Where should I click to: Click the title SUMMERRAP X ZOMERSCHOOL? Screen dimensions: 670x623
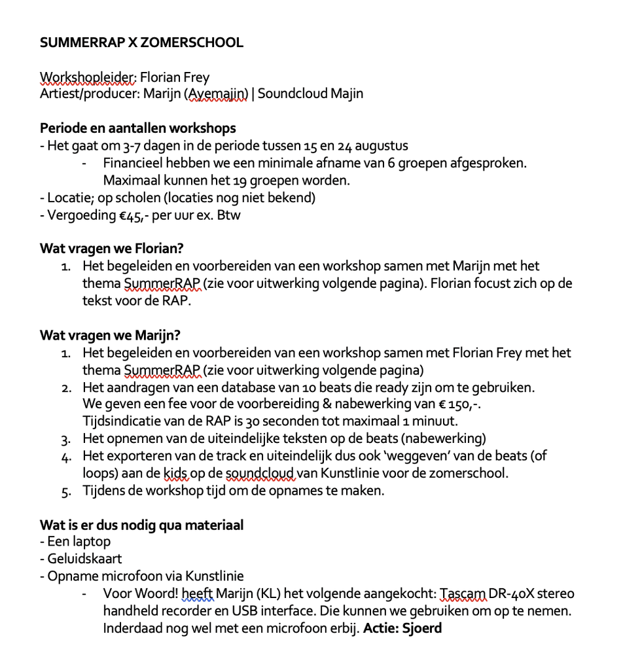pos(141,43)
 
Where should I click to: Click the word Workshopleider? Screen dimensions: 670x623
pos(88,78)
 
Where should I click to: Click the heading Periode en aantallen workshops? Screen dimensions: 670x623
pos(138,128)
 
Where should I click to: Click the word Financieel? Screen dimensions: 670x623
pos(134,163)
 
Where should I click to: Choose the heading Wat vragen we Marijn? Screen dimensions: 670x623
pos(110,336)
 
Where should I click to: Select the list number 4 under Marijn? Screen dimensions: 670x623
pos(66,457)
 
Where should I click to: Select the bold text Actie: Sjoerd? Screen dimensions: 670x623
pos(402,629)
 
